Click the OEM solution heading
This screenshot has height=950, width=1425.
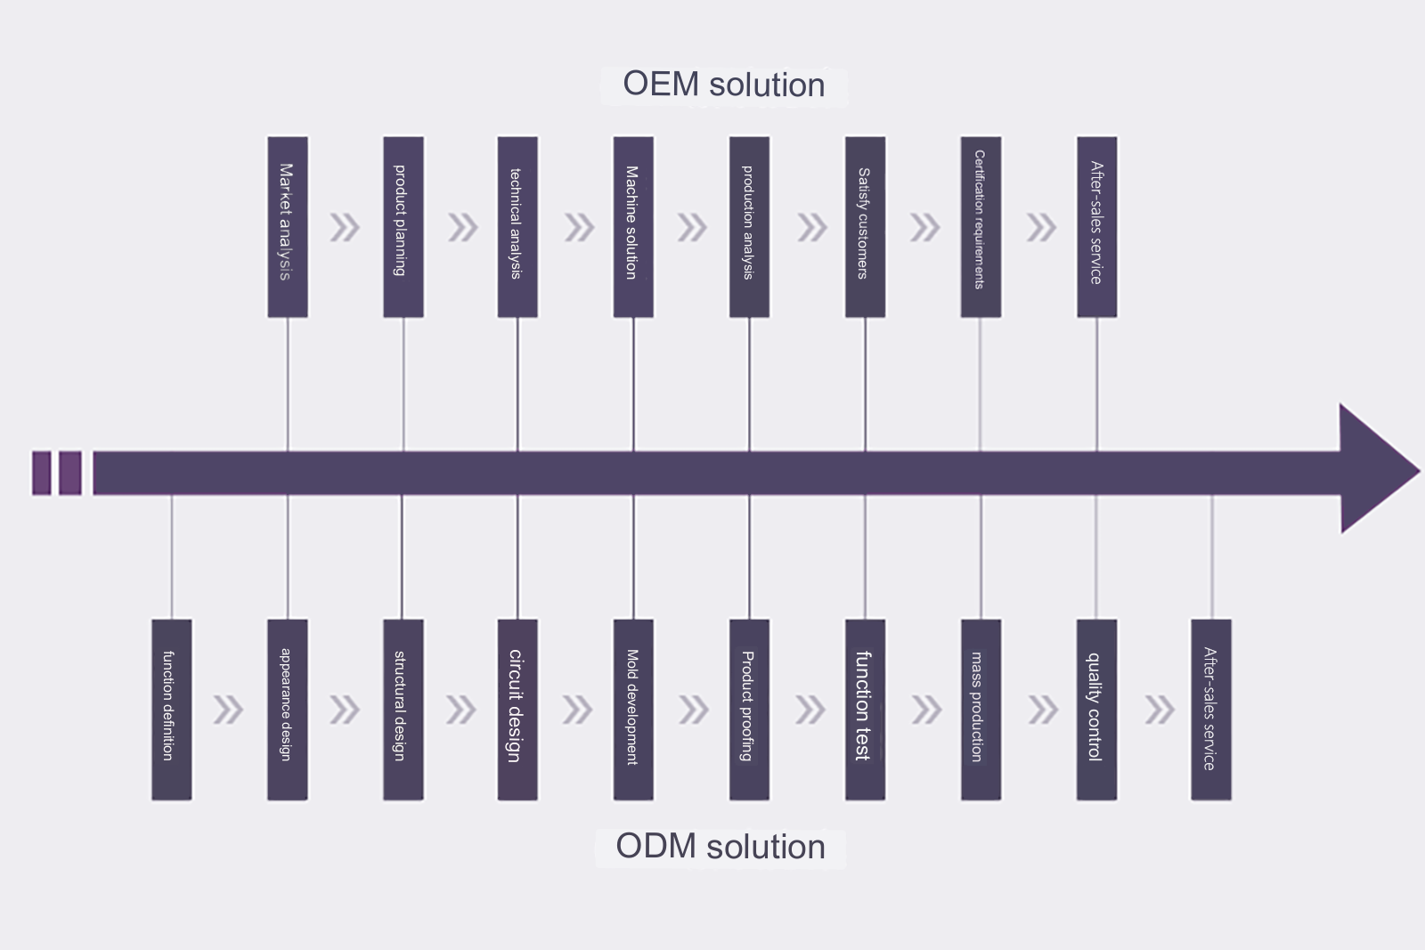click(723, 85)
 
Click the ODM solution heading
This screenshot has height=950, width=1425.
click(720, 847)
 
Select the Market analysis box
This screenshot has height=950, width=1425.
click(287, 226)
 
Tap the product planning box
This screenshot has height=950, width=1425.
click(403, 226)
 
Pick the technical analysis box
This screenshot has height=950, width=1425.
click(517, 226)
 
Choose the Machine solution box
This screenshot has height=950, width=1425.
click(633, 226)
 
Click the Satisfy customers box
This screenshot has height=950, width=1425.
click(865, 226)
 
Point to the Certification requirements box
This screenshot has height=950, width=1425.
click(981, 226)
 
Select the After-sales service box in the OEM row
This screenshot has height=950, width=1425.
click(1096, 226)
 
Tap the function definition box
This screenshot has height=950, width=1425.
click(171, 710)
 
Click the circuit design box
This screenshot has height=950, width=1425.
click(517, 710)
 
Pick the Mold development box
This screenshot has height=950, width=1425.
click(633, 710)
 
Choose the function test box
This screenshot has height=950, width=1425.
click(865, 710)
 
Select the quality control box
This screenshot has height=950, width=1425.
click(1096, 710)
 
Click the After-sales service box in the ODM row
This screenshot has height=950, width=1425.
click(1211, 710)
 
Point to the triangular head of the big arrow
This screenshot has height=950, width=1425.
click(1376, 470)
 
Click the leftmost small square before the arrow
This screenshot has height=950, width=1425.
click(41, 473)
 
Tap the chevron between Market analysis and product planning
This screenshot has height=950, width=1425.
click(345, 228)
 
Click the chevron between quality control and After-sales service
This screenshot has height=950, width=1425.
click(1159, 710)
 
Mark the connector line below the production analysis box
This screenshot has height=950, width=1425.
click(749, 383)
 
